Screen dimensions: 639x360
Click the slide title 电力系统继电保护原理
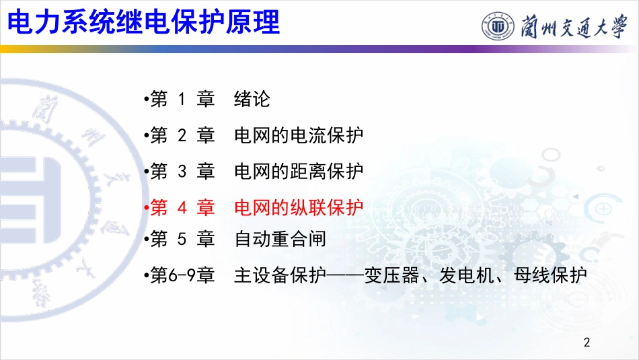click(143, 22)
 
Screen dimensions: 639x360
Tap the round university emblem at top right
click(497, 26)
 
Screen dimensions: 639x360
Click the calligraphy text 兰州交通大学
click(573, 26)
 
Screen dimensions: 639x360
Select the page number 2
click(587, 342)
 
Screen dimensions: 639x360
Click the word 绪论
click(252, 99)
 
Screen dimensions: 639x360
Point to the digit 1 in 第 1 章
click(182, 100)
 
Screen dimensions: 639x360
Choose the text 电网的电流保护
click(298, 136)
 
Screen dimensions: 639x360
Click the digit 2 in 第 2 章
click(182, 136)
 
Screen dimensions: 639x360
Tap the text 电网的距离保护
click(298, 172)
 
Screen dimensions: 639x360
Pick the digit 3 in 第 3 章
click(182, 172)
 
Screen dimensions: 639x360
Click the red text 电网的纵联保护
click(298, 207)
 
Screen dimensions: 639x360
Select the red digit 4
click(182, 207)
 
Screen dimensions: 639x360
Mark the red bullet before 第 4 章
click(147, 208)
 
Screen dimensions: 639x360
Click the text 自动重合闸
click(280, 239)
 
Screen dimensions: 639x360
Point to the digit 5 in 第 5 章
click(182, 239)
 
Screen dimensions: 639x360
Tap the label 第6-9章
click(182, 275)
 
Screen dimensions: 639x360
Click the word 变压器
click(391, 275)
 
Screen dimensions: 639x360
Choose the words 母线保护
click(550, 275)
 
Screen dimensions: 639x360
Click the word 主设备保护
click(280, 275)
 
